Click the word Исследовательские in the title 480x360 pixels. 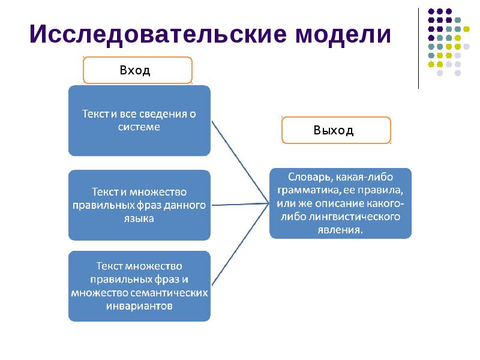pyautogui.click(x=158, y=35)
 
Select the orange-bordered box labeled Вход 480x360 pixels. pyautogui.click(x=137, y=70)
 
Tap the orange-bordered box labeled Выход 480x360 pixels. pyautogui.click(x=336, y=130)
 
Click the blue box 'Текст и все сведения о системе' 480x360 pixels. pyautogui.click(x=139, y=120)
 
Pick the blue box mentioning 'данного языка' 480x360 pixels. pyautogui.click(x=139, y=205)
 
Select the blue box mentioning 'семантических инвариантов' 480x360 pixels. pyautogui.click(x=139, y=286)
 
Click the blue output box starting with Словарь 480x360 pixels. pyautogui.click(x=340, y=203)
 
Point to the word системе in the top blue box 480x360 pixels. pyautogui.click(x=139, y=127)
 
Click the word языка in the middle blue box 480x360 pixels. pyautogui.click(x=139, y=218)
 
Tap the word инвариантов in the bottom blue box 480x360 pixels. pyautogui.click(x=139, y=306)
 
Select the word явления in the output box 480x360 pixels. pyautogui.click(x=340, y=229)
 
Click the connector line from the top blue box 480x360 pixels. pyautogui.click(x=239, y=161)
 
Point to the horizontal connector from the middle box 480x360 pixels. pyautogui.click(x=240, y=205)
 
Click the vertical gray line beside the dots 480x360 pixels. pyautogui.click(x=418, y=48)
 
